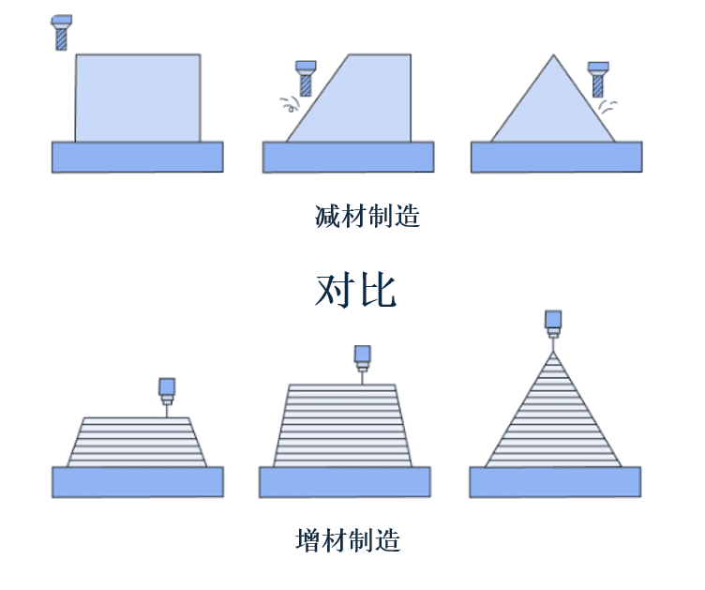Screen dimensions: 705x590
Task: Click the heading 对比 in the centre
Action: [x=355, y=291]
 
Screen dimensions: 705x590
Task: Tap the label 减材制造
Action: [x=367, y=217]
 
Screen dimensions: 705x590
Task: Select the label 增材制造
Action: [x=348, y=540]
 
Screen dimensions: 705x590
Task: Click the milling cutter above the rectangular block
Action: [x=62, y=33]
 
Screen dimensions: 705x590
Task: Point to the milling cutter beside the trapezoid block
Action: [x=306, y=79]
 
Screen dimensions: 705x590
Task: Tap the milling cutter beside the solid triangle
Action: [x=598, y=80]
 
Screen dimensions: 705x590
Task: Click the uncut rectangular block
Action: [x=138, y=98]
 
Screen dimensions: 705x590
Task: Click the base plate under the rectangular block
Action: [x=138, y=157]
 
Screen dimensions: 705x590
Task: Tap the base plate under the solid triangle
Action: [x=557, y=157]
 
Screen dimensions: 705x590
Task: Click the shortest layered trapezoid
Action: [x=137, y=442]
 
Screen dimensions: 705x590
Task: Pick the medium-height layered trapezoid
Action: [x=342, y=426]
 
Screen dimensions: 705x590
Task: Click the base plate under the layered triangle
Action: [x=555, y=482]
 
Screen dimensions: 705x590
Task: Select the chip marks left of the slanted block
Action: [x=290, y=104]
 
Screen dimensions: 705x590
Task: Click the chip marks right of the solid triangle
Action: [x=607, y=107]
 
